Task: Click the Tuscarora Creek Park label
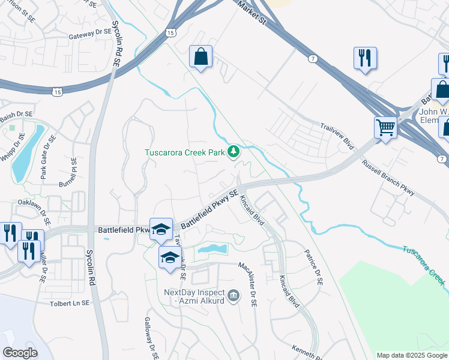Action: coord(184,152)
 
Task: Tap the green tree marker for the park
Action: coord(234,152)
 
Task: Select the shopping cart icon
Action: coord(385,126)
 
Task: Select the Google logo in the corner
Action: coord(20,353)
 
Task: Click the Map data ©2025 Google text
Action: coord(412,355)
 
